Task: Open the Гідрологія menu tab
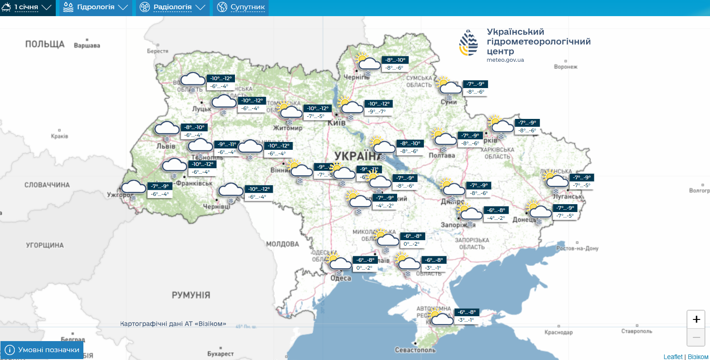click(x=95, y=7)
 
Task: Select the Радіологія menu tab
click(x=172, y=7)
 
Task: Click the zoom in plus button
click(x=696, y=319)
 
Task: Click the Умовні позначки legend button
click(x=42, y=350)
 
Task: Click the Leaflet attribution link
click(x=673, y=357)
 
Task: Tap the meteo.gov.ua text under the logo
click(x=505, y=60)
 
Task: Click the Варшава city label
click(x=87, y=46)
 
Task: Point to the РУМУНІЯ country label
click(x=191, y=295)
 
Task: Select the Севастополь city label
click(x=415, y=350)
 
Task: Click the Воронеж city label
click(x=565, y=67)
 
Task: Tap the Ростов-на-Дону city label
click(x=577, y=248)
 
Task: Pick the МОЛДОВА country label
click(x=282, y=244)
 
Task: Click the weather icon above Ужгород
click(x=132, y=188)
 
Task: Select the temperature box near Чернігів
click(x=395, y=64)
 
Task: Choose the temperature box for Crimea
click(x=465, y=316)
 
